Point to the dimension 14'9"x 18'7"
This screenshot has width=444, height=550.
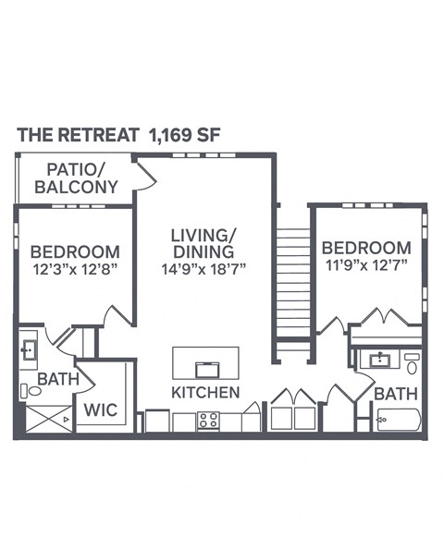coord(203,269)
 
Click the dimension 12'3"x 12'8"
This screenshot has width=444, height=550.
coord(74,269)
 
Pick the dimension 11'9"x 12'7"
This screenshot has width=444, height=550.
coord(365,265)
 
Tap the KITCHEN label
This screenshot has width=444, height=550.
coord(205,393)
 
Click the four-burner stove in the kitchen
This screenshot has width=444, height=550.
coord(209,421)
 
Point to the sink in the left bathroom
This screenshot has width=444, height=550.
coord(29,350)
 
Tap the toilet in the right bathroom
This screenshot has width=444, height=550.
coord(412,362)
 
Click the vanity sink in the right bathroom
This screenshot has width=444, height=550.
coord(376,359)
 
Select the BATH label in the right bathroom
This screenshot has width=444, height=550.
coord(396,394)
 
